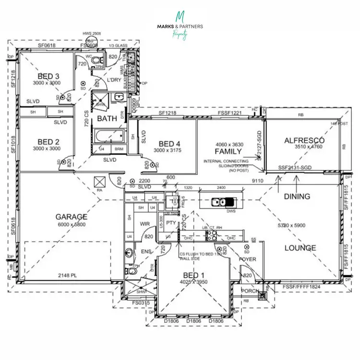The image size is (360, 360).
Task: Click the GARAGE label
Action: tap(71, 216)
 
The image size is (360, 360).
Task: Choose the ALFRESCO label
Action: tap(304, 140)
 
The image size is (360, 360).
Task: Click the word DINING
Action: tap(297, 196)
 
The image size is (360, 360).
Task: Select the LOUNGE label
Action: tap(300, 248)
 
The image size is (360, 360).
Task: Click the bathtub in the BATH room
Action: tap(108, 137)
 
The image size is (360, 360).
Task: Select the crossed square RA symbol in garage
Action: tap(101, 182)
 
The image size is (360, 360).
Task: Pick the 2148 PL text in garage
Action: tap(68, 276)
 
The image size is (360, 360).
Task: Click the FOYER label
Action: tap(248, 259)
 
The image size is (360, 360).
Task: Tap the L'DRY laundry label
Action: tap(114, 80)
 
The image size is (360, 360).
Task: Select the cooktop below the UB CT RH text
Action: tap(211, 236)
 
